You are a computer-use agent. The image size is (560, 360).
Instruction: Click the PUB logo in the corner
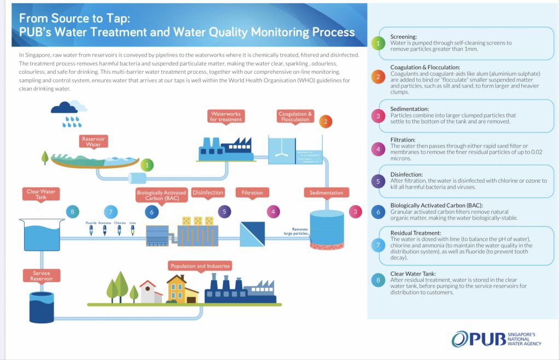pyautogui.click(x=497, y=339)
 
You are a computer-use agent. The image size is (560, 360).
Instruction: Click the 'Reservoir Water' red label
pyautogui.click(x=94, y=142)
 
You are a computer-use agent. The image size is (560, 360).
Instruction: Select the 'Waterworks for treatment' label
pyautogui.click(x=226, y=116)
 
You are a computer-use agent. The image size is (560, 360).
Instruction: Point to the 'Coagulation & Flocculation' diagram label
pyautogui.click(x=295, y=117)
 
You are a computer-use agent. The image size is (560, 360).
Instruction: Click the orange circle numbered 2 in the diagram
pyautogui.click(x=325, y=121)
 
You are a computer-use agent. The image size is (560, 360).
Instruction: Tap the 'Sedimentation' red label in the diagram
pyautogui.click(x=326, y=193)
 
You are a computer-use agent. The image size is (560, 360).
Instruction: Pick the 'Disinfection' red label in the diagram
pyautogui.click(x=208, y=193)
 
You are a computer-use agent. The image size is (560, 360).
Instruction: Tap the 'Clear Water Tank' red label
pyautogui.click(x=42, y=192)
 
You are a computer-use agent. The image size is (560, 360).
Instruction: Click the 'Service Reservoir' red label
pyautogui.click(x=42, y=276)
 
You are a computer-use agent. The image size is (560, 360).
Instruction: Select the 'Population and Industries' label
pyautogui.click(x=200, y=266)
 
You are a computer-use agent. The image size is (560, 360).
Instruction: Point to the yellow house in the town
pyautogui.click(x=178, y=289)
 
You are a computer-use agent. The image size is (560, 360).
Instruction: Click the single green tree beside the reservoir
pyautogui.click(x=45, y=158)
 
